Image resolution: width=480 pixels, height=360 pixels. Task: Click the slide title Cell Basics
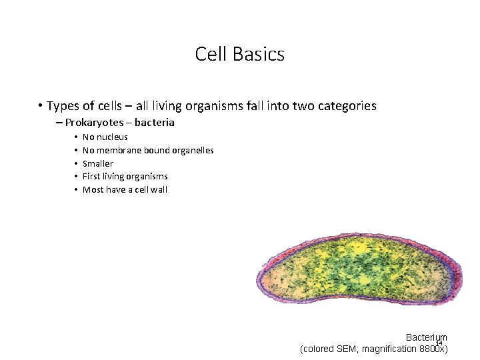tap(240, 54)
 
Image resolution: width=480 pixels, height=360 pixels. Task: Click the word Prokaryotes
tap(94, 123)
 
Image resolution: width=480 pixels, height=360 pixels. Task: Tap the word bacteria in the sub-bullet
tap(154, 123)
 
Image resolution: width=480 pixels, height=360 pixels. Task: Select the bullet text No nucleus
tap(105, 137)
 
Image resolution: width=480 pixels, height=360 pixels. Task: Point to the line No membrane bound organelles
tap(147, 151)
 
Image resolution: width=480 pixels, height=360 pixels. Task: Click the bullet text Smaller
tap(97, 163)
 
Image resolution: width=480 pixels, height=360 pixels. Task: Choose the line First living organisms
tap(125, 177)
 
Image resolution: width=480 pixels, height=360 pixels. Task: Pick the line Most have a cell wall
tap(125, 190)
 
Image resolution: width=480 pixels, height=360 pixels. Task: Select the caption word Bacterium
tap(426, 338)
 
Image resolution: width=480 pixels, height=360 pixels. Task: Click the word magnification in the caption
tap(387, 349)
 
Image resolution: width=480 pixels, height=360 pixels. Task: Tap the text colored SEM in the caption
tap(330, 349)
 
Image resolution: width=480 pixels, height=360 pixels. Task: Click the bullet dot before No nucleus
tap(76, 137)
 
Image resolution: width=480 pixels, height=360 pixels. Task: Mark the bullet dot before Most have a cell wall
tap(76, 190)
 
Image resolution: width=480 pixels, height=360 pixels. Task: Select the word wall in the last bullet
tap(159, 190)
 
